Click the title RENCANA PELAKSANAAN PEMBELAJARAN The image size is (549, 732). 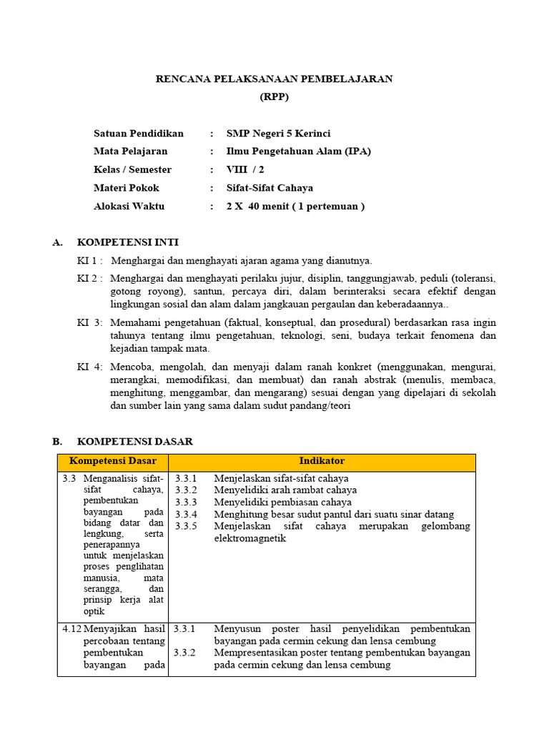(x=274, y=79)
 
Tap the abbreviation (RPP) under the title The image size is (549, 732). (x=274, y=97)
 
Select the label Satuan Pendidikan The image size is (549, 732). (x=139, y=134)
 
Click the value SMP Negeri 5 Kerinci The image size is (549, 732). (x=278, y=134)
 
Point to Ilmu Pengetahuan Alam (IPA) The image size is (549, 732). (x=298, y=152)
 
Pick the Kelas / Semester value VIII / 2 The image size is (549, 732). (x=245, y=170)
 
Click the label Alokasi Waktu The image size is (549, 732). (x=129, y=207)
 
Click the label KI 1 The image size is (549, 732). (x=89, y=261)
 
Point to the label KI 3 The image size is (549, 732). (x=89, y=322)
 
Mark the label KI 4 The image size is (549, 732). (x=89, y=367)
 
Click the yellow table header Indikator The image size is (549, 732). (x=322, y=462)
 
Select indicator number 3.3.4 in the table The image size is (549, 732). (x=185, y=515)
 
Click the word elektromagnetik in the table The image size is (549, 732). (x=249, y=538)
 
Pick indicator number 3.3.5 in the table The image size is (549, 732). (x=185, y=527)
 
